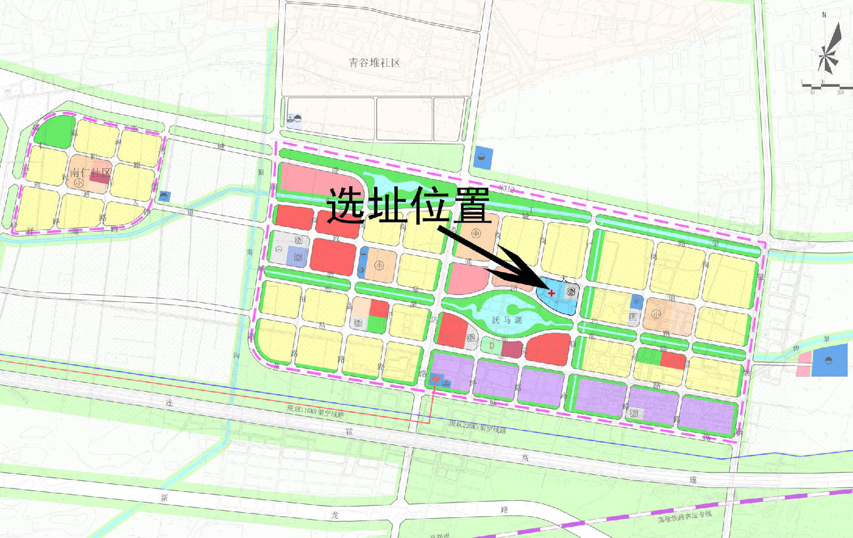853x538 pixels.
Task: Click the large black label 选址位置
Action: point(408,205)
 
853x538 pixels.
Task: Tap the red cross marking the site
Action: point(551,293)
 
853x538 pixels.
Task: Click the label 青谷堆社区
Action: point(374,63)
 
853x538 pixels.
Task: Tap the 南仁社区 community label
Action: point(91,173)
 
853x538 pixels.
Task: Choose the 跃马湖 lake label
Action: point(506,320)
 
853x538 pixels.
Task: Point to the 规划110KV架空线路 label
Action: point(315,411)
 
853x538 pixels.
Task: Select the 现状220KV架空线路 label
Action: point(477,426)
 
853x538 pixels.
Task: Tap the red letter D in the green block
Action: point(492,346)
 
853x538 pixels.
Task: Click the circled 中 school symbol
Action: point(476,233)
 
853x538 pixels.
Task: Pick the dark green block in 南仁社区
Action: point(54,131)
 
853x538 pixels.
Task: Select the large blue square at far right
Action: point(829,361)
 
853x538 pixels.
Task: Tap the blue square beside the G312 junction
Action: point(483,158)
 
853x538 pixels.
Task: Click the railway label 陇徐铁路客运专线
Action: point(685,516)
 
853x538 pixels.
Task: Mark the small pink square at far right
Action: point(803,364)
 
